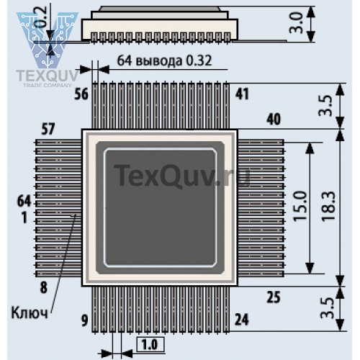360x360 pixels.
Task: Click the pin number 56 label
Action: pyautogui.click(x=81, y=94)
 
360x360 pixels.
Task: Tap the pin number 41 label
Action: pyautogui.click(x=242, y=94)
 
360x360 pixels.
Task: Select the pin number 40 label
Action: pyautogui.click(x=274, y=120)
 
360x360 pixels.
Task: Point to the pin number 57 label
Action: pyautogui.click(x=48, y=129)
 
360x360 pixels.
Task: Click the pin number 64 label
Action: pyautogui.click(x=24, y=201)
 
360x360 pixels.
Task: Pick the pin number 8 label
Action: pyautogui.click(x=43, y=287)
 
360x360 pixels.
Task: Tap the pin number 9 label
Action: pyautogui.click(x=84, y=320)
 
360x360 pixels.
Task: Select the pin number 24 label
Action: pyautogui.click(x=242, y=320)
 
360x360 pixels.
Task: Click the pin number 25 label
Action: pyautogui.click(x=274, y=297)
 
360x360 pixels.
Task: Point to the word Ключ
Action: pyautogui.click(x=30, y=312)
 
